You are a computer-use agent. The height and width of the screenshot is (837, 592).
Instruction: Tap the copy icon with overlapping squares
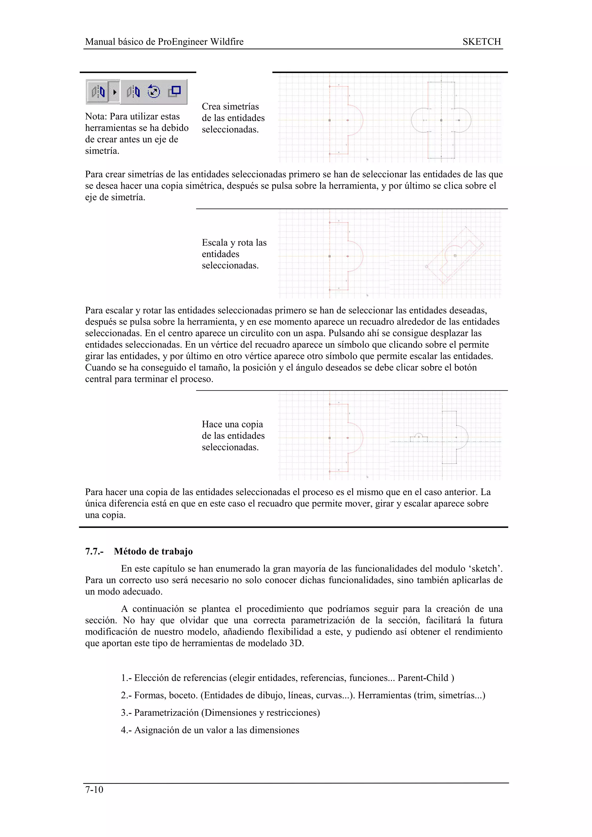tap(175, 91)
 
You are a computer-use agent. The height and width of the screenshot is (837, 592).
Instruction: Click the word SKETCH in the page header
tap(482, 42)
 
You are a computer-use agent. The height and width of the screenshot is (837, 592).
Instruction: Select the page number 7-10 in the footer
tap(94, 790)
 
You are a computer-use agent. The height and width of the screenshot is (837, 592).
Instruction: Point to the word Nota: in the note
tap(96, 117)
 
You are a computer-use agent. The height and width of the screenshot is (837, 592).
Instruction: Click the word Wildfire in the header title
tap(227, 42)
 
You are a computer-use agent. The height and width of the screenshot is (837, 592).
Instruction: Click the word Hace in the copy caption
tap(212, 424)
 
